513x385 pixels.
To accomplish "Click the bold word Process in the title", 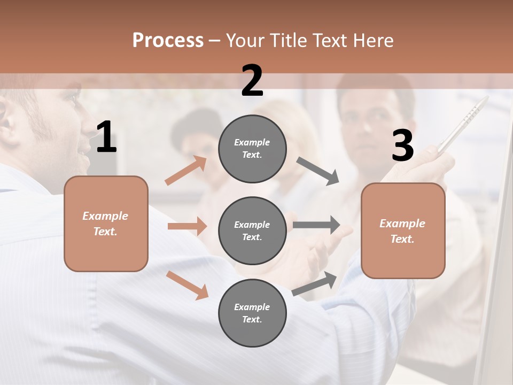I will click(168, 41).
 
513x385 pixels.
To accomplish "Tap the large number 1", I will click(106, 137).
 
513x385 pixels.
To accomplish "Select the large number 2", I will click(252, 81).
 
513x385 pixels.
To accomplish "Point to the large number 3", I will click(402, 146).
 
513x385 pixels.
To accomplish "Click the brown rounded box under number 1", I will click(106, 224).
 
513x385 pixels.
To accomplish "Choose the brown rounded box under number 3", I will click(403, 230).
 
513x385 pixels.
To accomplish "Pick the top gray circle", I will click(252, 148).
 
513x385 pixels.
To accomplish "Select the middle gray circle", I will click(252, 230).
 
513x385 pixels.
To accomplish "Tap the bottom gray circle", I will click(252, 313).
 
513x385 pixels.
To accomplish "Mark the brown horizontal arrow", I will click(187, 226).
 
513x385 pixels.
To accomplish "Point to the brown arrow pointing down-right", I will click(187, 284).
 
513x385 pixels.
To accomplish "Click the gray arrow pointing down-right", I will click(318, 171).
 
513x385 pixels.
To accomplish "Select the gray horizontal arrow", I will click(316, 225).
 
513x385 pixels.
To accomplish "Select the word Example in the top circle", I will click(252, 142).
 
